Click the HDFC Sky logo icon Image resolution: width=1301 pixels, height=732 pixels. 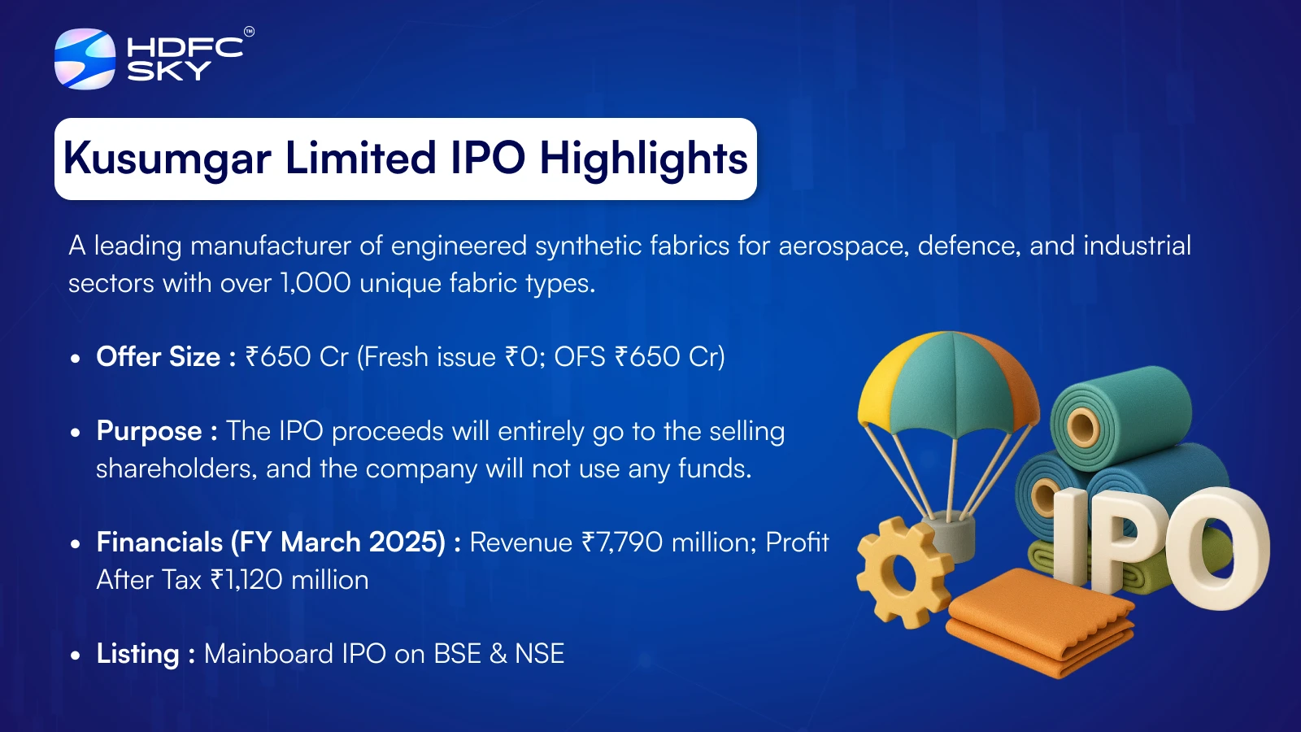85,59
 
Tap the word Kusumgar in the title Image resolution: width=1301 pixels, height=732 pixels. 168,159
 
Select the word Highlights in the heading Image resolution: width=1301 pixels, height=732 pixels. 643,159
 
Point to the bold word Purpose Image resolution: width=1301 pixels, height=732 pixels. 150,432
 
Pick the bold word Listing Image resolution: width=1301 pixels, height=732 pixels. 137,654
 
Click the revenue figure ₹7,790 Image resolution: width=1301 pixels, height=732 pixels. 622,542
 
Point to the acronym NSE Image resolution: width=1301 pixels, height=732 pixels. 540,654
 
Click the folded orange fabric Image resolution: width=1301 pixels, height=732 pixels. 1040,621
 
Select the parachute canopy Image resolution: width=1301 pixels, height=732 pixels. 948,383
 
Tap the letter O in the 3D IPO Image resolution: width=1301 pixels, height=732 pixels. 1216,549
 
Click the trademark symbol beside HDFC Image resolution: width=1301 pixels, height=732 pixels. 249,32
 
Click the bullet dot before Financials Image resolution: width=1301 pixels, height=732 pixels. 75,544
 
